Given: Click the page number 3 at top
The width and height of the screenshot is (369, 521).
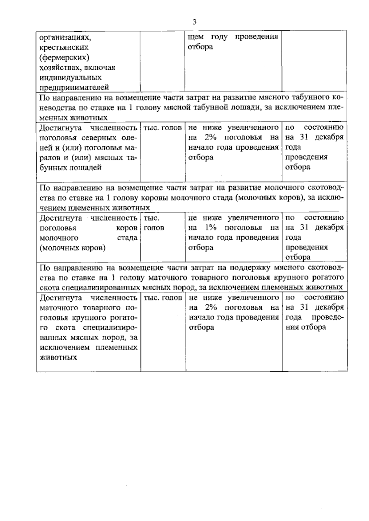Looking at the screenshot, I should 194,22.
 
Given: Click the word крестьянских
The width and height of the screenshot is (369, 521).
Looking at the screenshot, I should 64,48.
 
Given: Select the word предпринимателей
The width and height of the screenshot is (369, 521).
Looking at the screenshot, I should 74,88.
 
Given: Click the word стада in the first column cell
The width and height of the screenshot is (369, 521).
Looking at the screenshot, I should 127,238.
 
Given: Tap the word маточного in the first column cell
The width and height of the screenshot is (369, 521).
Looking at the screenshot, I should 58,308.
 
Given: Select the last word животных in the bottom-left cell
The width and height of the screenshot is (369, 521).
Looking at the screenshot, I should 58,358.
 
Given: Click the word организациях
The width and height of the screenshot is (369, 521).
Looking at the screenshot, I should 65,37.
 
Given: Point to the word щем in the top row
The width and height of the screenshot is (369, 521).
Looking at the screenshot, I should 195,37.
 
